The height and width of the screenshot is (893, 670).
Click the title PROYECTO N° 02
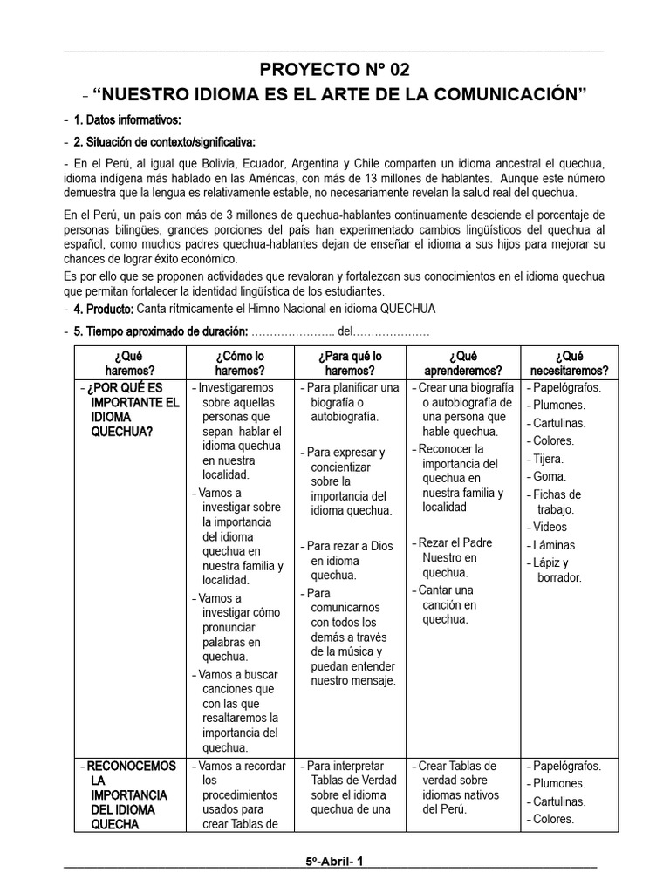click(334, 70)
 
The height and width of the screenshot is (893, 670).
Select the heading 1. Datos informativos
click(127, 119)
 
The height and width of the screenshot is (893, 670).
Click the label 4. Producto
click(104, 310)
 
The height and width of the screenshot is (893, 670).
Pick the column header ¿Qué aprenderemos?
click(463, 363)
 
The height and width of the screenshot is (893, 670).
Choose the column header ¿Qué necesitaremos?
click(568, 363)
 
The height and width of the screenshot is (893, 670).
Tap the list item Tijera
click(548, 459)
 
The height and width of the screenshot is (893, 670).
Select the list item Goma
click(549, 476)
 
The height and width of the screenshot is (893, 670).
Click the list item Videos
click(550, 527)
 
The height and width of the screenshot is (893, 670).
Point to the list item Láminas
click(554, 545)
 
